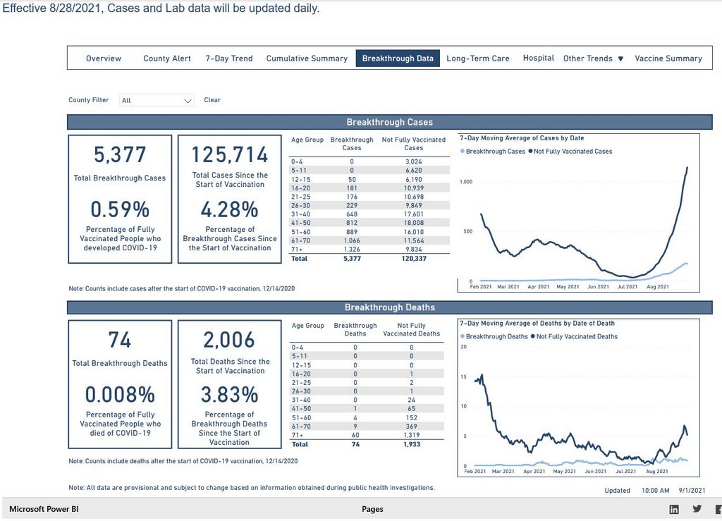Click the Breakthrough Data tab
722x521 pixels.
coord(398,59)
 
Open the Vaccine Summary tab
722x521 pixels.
coord(668,59)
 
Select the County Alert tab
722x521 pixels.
coord(167,59)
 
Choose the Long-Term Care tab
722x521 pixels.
coord(477,59)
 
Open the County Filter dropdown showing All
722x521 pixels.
coord(157,100)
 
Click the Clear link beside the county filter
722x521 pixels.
coord(212,100)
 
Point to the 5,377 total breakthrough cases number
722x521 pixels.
coord(120,154)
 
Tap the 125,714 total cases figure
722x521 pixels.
coord(230,154)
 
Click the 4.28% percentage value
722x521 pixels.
coord(230,209)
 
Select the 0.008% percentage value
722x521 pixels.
coord(120,395)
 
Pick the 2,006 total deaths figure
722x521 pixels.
coord(230,340)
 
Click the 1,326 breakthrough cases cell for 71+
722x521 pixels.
coord(352,249)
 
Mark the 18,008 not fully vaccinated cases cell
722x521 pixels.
coord(413,221)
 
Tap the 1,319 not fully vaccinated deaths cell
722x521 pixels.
coord(412,436)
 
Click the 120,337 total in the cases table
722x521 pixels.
coord(413,259)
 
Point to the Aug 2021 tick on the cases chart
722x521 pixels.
coord(657,287)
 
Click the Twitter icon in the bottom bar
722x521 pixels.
coord(697,509)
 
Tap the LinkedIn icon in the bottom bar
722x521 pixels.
coord(675,509)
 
